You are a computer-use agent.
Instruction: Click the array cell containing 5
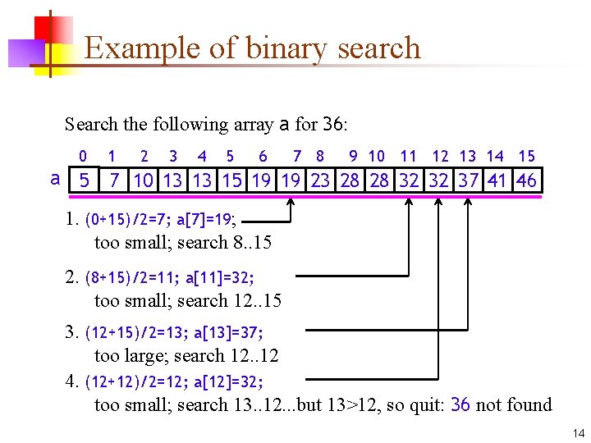(x=84, y=180)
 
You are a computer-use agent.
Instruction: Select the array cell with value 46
(x=526, y=180)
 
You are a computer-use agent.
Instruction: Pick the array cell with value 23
(x=320, y=180)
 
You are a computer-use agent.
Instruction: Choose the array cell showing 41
(x=497, y=180)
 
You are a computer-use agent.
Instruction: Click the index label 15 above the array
(x=527, y=156)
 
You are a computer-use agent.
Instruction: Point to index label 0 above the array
(x=83, y=156)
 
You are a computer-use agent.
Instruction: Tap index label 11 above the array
(x=408, y=156)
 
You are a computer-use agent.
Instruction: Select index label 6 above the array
(x=263, y=156)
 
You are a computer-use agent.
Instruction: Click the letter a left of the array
(x=55, y=179)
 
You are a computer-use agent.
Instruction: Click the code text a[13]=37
(x=228, y=332)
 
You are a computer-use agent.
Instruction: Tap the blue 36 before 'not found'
(x=460, y=404)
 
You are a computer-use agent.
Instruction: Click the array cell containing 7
(x=114, y=180)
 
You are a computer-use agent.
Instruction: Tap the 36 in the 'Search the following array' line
(x=332, y=125)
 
